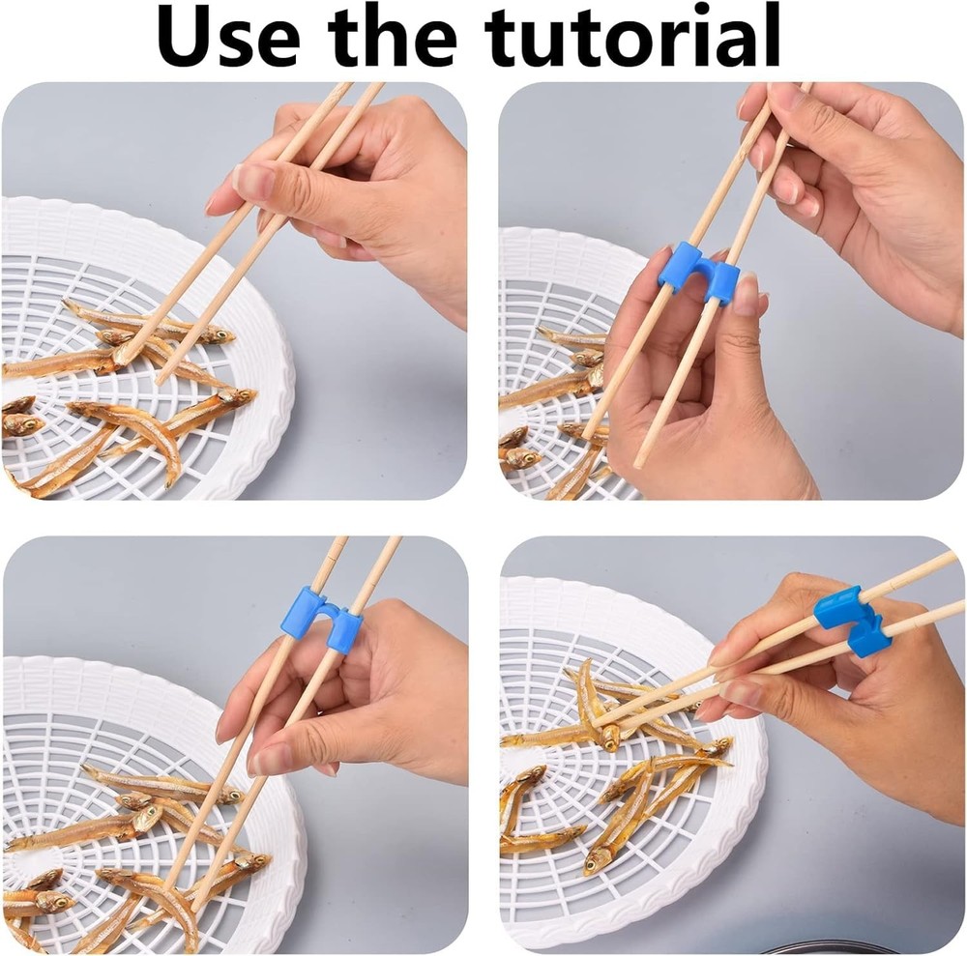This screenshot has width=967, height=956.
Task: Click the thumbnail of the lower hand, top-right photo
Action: (x=746, y=294)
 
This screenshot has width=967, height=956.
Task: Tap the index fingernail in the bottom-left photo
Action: (x=259, y=759)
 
